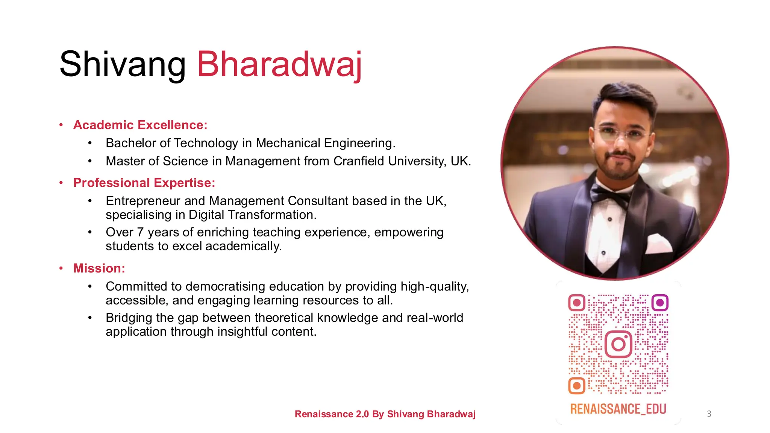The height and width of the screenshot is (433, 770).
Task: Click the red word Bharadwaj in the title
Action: coord(279,65)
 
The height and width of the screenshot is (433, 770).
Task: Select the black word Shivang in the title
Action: coord(123,65)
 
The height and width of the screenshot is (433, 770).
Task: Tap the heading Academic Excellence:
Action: coord(140,125)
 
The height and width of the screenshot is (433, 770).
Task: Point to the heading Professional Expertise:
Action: coord(144,183)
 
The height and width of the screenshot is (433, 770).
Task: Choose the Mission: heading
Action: coord(99,268)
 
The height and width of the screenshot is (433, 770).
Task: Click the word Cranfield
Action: coord(359,161)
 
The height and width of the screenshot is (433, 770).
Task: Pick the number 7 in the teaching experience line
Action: coord(140,232)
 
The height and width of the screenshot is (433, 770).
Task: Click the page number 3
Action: coord(709,414)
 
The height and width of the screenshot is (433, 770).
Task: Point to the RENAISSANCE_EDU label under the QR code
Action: coord(618,409)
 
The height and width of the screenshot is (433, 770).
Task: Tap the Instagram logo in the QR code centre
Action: coord(618,344)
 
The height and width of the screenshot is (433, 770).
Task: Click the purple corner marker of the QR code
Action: coord(659,303)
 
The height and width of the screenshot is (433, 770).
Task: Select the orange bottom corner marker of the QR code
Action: coord(576,386)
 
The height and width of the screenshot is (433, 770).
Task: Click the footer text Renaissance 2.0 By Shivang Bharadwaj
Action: coord(385,414)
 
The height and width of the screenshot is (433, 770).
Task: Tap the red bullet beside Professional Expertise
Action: coord(61,183)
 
